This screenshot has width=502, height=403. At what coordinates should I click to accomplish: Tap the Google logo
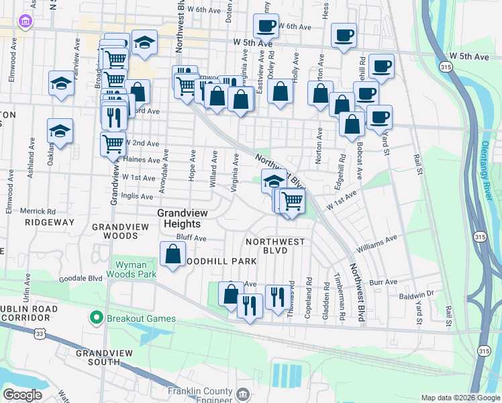[x=22, y=395]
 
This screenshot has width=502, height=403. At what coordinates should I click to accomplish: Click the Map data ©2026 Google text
[x=460, y=398]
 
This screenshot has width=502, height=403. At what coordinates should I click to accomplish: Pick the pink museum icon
[x=26, y=22]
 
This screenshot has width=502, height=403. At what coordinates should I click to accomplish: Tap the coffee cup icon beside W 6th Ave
[x=266, y=26]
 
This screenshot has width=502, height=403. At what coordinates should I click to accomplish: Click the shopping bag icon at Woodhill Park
[x=173, y=254]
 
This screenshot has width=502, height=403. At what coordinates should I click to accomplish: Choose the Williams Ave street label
[x=376, y=244]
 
